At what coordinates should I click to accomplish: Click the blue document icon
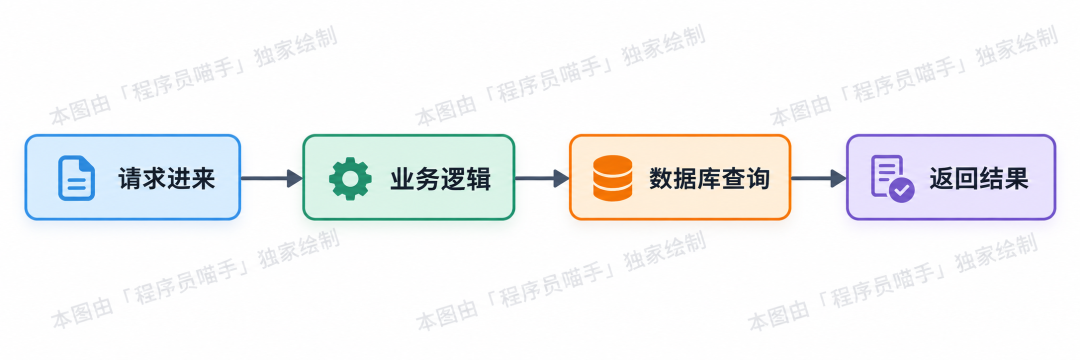coord(76,178)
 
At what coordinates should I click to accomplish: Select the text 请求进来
coord(167,179)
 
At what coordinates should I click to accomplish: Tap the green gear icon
coord(350,178)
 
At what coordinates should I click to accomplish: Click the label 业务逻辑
coord(440,179)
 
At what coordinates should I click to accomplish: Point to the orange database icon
coord(612,178)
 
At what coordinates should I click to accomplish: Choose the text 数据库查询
coord(709,179)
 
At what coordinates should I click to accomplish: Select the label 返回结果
coord(979,179)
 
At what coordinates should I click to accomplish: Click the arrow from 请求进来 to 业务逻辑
coord(271,178)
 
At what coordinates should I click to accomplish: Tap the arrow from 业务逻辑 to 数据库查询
coord(542,178)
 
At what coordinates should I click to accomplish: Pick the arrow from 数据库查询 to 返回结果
coord(818,178)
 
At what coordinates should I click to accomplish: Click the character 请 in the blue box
coord(130,179)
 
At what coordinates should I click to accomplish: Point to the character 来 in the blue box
coord(204,179)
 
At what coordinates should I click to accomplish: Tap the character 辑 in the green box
coord(479,179)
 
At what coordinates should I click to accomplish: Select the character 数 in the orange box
coord(661,179)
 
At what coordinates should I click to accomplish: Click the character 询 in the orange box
coord(758,179)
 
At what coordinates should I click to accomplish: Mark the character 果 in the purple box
coord(1017,179)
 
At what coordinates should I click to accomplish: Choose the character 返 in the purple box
coord(941,179)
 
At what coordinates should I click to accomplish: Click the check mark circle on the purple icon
coord(902,189)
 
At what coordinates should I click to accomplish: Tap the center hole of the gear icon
coord(350,178)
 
